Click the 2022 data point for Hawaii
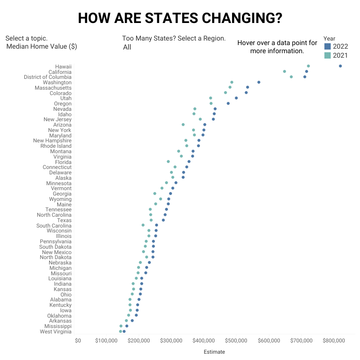click(x=340, y=66)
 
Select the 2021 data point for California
click(x=284, y=71)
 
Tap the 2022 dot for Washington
click(x=259, y=82)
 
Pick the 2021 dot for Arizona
click(x=183, y=124)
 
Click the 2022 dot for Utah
click(x=236, y=98)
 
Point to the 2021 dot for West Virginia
click(x=120, y=331)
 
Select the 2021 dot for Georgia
click(x=155, y=193)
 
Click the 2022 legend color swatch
click(x=328, y=46)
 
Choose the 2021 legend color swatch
click(x=328, y=55)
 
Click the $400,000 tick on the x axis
click(x=205, y=341)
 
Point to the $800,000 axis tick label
click(x=333, y=341)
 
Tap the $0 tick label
click(x=78, y=341)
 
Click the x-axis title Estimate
click(x=214, y=352)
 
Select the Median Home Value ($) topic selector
click(x=41, y=46)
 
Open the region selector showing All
click(x=127, y=47)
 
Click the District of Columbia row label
click(x=47, y=77)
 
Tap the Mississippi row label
click(x=58, y=326)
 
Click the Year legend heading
click(x=329, y=38)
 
